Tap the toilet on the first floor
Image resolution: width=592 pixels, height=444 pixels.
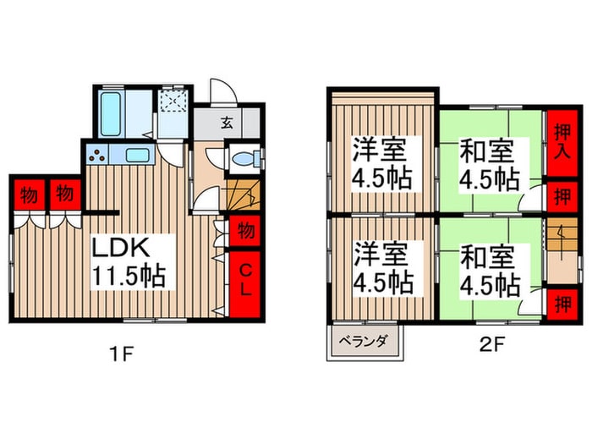(243, 158)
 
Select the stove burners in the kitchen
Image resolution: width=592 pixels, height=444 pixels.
(97, 156)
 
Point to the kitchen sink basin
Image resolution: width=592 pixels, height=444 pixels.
(136, 155)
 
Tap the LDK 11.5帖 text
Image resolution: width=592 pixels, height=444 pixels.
(128, 262)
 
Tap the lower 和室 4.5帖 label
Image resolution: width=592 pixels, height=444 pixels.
(488, 270)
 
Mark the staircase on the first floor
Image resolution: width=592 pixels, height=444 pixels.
(243, 197)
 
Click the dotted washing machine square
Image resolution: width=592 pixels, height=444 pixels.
(175, 103)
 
